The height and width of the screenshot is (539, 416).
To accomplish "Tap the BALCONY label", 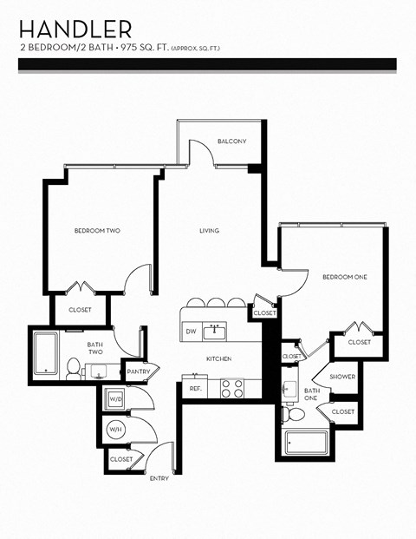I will [x=231, y=141].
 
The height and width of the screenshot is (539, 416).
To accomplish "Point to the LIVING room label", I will [x=209, y=230].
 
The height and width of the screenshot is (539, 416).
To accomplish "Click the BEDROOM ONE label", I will [x=345, y=277].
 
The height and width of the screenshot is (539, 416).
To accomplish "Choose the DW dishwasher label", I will [x=191, y=332].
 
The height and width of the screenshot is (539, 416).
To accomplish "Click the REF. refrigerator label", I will [x=195, y=389].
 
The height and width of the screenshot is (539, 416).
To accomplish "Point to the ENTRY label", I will [x=159, y=478].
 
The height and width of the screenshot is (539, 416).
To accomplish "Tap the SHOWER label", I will [x=341, y=376].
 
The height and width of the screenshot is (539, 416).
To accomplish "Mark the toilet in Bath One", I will [x=294, y=415].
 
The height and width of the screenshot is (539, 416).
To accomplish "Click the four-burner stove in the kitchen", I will [x=231, y=388].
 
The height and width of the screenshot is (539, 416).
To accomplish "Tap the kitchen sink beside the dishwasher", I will [x=218, y=331].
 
